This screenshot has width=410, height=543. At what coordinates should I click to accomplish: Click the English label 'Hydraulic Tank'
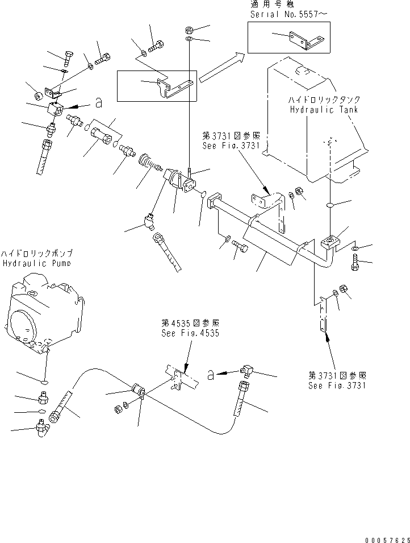(x=323, y=109)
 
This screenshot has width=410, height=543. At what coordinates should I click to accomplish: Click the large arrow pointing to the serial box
(x=221, y=66)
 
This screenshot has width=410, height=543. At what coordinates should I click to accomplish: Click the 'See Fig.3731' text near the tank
(x=230, y=146)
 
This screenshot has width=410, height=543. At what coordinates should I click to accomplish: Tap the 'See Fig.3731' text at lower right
(x=338, y=385)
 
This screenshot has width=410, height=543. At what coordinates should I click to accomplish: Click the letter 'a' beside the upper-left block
(x=98, y=102)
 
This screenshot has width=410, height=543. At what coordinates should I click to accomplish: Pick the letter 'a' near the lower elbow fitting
(x=210, y=374)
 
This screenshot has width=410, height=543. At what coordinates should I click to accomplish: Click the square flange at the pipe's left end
(x=213, y=203)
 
